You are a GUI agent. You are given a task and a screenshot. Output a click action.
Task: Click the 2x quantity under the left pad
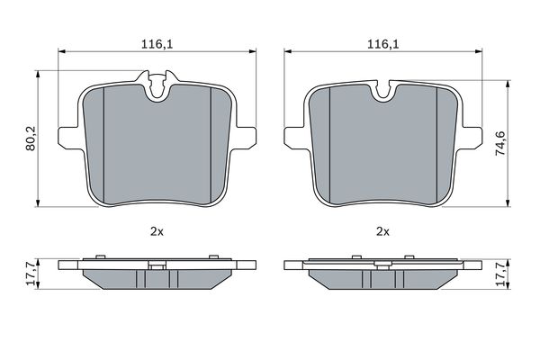click(x=157, y=231)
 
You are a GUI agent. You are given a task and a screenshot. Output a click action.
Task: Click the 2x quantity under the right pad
click(x=382, y=231)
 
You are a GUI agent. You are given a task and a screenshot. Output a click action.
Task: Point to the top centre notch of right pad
click(x=383, y=90)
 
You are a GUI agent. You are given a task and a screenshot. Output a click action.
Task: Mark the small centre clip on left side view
click(x=157, y=265)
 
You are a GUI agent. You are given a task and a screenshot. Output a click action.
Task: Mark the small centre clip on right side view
click(x=382, y=265)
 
